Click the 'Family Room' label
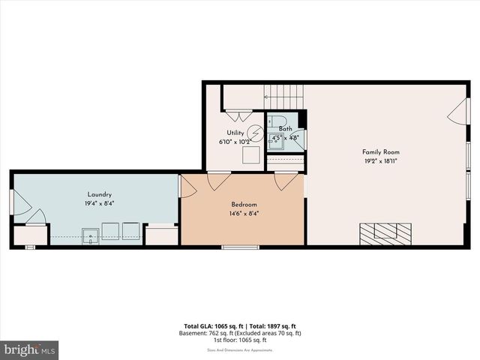tap(379, 151)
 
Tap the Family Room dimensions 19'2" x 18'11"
tap(379, 160)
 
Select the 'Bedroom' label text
tap(243, 205)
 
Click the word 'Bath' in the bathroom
tap(285, 129)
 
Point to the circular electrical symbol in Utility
tap(255, 133)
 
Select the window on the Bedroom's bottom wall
tap(240, 247)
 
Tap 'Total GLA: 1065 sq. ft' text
tap(212, 326)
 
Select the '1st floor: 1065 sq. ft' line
tap(240, 340)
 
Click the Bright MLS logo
tap(30, 349)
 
